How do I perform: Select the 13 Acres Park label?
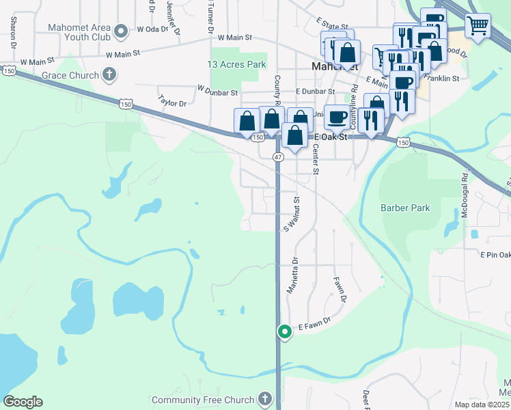click(x=236, y=64)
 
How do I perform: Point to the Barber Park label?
click(x=406, y=207)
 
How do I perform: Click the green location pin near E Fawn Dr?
click(x=284, y=332)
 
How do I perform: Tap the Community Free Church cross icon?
click(x=266, y=399)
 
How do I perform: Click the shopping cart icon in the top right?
click(x=478, y=26)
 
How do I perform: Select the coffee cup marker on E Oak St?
click(x=337, y=117)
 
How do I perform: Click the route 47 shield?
click(x=278, y=156)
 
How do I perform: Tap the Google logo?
click(x=23, y=402)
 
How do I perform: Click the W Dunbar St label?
click(x=217, y=89)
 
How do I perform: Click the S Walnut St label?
click(x=297, y=215)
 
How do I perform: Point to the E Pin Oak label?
click(x=495, y=255)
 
